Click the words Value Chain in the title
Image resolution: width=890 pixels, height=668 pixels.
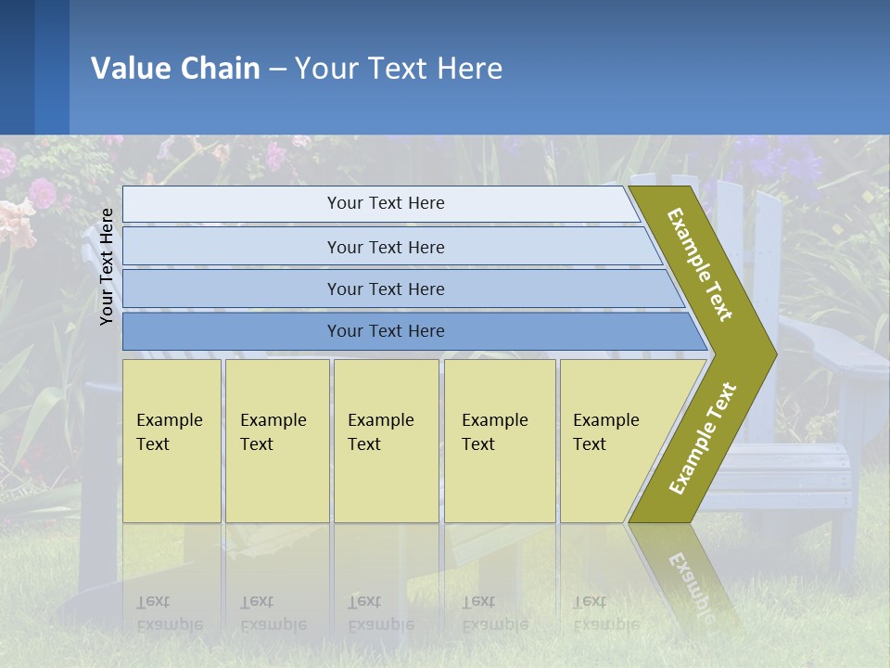pos(175,68)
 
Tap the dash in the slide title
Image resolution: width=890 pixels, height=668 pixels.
pos(277,69)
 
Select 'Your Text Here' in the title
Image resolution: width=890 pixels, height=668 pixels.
pos(399,68)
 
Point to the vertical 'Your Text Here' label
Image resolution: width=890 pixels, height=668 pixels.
pos(108,266)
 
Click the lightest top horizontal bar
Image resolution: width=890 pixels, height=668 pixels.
pos(385,203)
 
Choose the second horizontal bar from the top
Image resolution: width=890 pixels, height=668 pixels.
pos(385,247)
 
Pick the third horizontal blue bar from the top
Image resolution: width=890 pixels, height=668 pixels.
pos(385,289)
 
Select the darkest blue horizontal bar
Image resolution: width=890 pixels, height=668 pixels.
pos(385,331)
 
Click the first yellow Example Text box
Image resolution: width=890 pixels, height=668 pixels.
pos(172,441)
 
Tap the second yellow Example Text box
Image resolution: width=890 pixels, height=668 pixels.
pos(276,441)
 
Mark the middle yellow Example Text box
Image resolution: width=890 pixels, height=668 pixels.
pos(386,441)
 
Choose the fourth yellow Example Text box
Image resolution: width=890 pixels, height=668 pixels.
pos(499,441)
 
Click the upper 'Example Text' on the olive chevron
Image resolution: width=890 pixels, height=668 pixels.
pos(700,264)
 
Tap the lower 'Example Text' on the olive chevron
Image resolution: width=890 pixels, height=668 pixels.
pos(703,438)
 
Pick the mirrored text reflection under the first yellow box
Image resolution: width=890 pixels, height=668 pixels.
pos(170,613)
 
